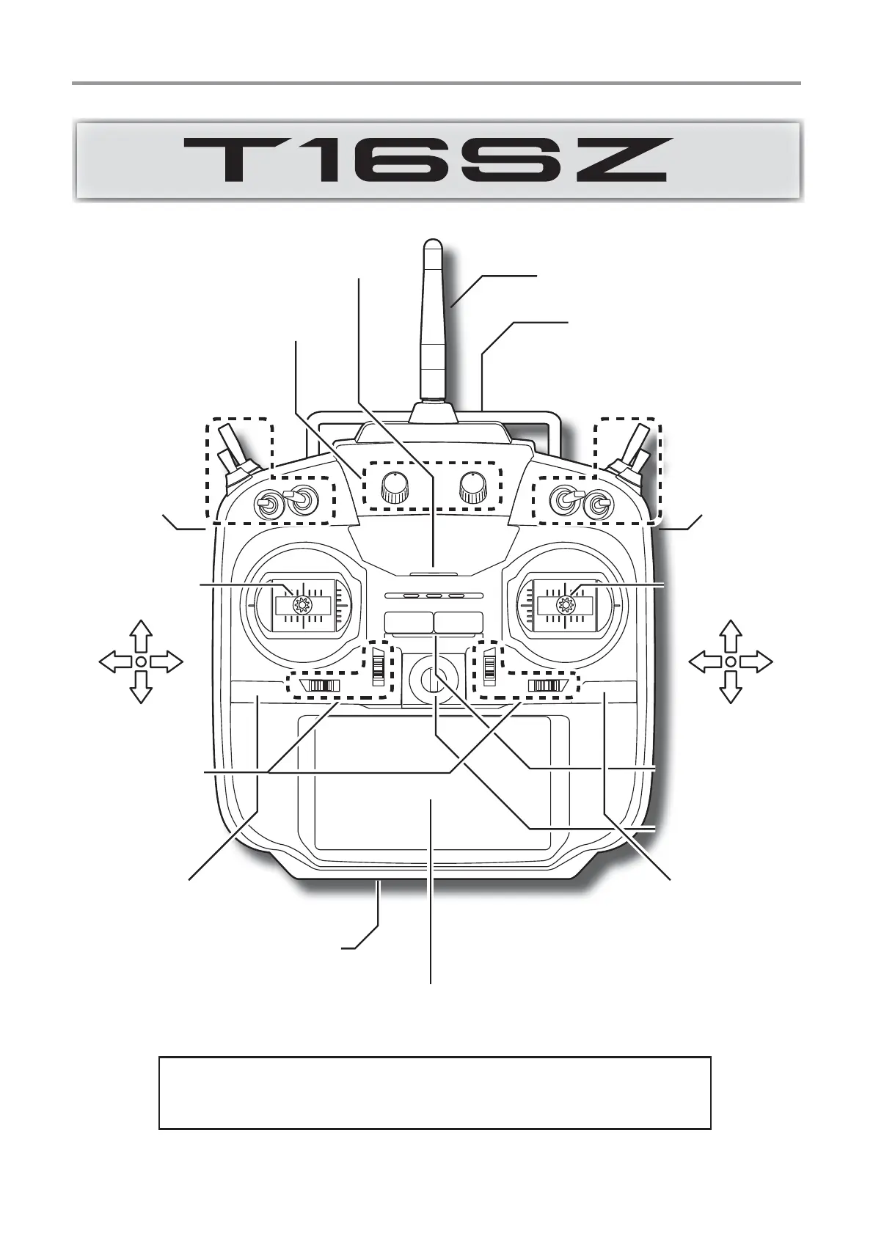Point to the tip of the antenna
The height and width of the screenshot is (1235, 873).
pyautogui.click(x=433, y=243)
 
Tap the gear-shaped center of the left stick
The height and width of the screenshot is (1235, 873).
pyautogui.click(x=299, y=605)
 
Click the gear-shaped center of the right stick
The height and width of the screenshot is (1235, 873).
pyautogui.click(x=565, y=605)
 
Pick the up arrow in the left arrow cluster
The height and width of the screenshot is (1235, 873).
pyautogui.click(x=140, y=634)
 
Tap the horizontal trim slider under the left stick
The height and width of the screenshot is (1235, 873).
pyautogui.click(x=323, y=686)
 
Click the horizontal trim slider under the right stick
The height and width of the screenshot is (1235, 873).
pyautogui.click(x=547, y=686)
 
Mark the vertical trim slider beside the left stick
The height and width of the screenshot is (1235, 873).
pyautogui.click(x=379, y=665)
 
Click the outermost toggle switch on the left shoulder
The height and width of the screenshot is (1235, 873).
pyautogui.click(x=233, y=447)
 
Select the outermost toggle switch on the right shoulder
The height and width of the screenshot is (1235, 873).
pyautogui.click(x=635, y=447)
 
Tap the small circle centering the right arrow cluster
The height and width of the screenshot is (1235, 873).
pyautogui.click(x=730, y=662)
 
